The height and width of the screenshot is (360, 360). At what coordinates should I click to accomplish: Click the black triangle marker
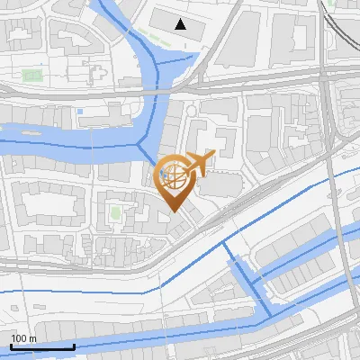point(182,24)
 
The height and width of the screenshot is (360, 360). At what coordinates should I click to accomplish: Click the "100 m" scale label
point(23,338)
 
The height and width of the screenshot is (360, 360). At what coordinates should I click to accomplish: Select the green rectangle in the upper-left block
point(32,75)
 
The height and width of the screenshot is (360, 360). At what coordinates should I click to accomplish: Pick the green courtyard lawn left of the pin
point(115,213)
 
